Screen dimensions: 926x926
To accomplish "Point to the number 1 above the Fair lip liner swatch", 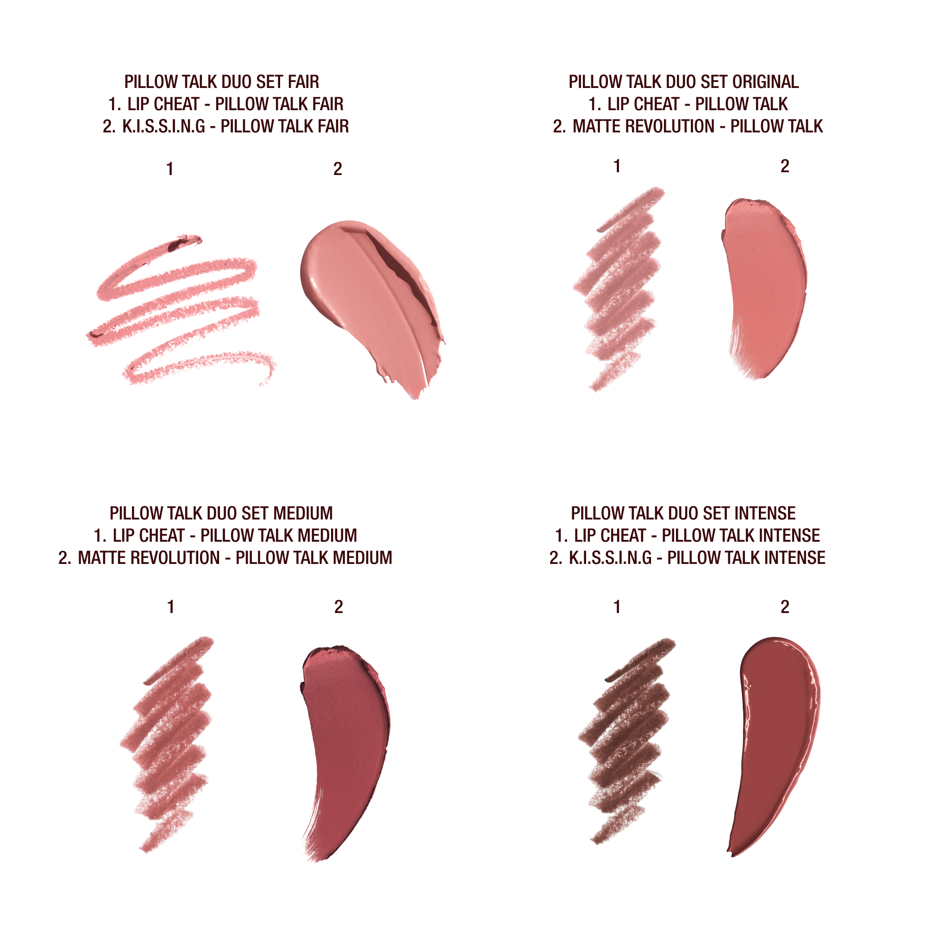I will pyautogui.click(x=169, y=169).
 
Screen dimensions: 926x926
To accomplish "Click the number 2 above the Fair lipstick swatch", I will pyautogui.click(x=338, y=169).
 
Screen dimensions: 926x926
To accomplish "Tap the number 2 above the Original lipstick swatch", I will pyautogui.click(x=785, y=166).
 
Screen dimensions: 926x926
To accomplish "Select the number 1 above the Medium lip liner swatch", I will pyautogui.click(x=171, y=607).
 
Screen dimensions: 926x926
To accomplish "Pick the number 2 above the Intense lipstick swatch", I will pyautogui.click(x=785, y=607).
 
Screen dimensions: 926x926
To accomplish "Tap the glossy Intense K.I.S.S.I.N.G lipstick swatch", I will pyautogui.click(x=776, y=738).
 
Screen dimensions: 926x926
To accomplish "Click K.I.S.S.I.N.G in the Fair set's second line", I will pyautogui.click(x=164, y=126).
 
